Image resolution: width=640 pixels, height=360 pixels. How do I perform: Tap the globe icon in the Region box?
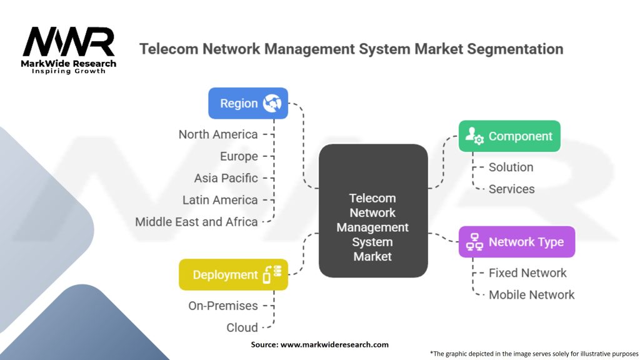272,103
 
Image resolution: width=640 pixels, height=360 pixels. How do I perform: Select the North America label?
217,134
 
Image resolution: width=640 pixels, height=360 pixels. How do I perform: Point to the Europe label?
239,156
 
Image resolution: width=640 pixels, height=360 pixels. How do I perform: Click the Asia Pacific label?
226,178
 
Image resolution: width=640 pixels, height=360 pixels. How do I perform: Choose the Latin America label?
220,200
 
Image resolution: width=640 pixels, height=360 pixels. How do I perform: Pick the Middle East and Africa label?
196,222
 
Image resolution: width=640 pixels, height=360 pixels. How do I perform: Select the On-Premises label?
222,306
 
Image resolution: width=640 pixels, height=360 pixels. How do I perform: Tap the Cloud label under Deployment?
242,327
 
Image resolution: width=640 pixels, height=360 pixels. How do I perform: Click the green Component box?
509,136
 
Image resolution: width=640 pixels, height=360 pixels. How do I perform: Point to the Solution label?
511,167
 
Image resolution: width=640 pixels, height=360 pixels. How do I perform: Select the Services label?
511,189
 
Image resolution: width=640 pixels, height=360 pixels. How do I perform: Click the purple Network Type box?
516,242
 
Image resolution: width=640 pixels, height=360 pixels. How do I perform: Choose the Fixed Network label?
527,272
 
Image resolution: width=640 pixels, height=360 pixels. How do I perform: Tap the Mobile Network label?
531,294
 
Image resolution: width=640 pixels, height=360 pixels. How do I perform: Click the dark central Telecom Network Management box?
372,211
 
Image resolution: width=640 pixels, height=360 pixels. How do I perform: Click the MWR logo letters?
69,42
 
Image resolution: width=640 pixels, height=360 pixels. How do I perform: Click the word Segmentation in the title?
510,49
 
